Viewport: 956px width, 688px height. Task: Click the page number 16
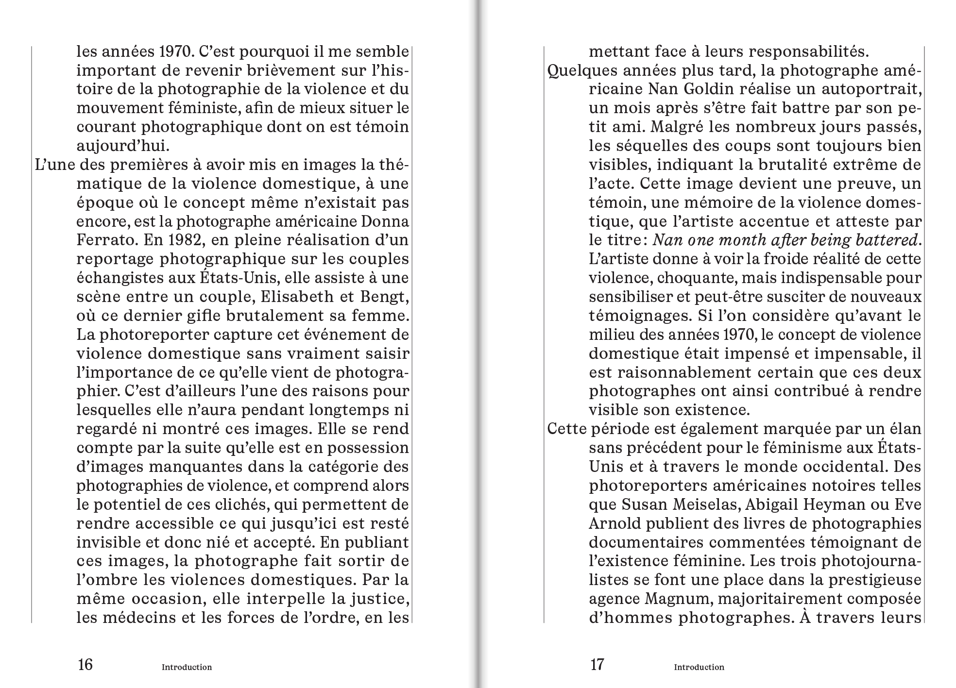85,664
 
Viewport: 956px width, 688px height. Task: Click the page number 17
597,664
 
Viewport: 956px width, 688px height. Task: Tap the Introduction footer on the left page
187,667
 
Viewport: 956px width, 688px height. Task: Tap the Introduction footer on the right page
699,667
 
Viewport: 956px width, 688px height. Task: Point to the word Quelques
578,71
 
